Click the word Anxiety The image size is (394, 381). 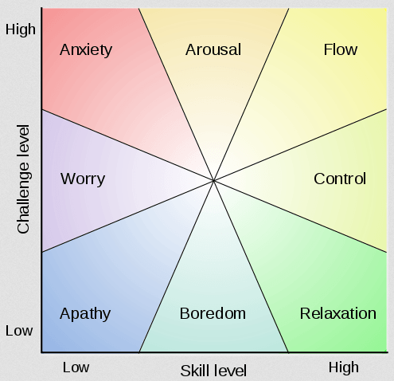click(86, 50)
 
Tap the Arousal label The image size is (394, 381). click(213, 49)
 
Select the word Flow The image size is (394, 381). click(341, 49)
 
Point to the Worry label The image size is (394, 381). click(83, 179)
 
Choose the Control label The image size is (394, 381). click(340, 179)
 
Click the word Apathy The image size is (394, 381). click(85, 314)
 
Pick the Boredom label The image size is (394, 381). click(213, 313)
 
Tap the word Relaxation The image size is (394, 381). click(338, 313)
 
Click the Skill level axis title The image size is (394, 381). click(213, 371)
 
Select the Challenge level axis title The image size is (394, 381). click(23, 179)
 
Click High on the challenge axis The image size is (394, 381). click(21, 29)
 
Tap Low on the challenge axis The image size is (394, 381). click(19, 331)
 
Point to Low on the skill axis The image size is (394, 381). click(76, 367)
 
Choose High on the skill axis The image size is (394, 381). click(344, 367)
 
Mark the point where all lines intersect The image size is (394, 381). click(213, 181)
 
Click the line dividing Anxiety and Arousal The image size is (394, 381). click(176, 94)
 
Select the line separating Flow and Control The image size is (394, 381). click(300, 145)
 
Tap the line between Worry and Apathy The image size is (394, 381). click(127, 216)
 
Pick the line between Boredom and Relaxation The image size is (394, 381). click(251, 266)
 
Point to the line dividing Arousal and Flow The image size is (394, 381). click(252, 94)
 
